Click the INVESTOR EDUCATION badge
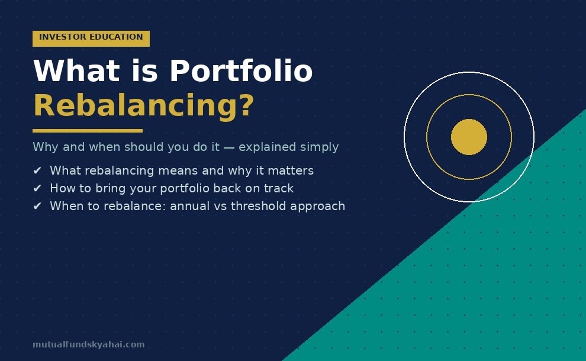(91, 38)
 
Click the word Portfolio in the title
(241, 72)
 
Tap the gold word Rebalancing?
(143, 106)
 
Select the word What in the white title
(69, 72)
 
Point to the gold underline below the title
(87, 131)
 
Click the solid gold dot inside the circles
(469, 137)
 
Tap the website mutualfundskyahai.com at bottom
(88, 344)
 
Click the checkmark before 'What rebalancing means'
(37, 171)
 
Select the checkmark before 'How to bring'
(37, 189)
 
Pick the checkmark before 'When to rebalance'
(37, 207)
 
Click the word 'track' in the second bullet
(279, 189)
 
